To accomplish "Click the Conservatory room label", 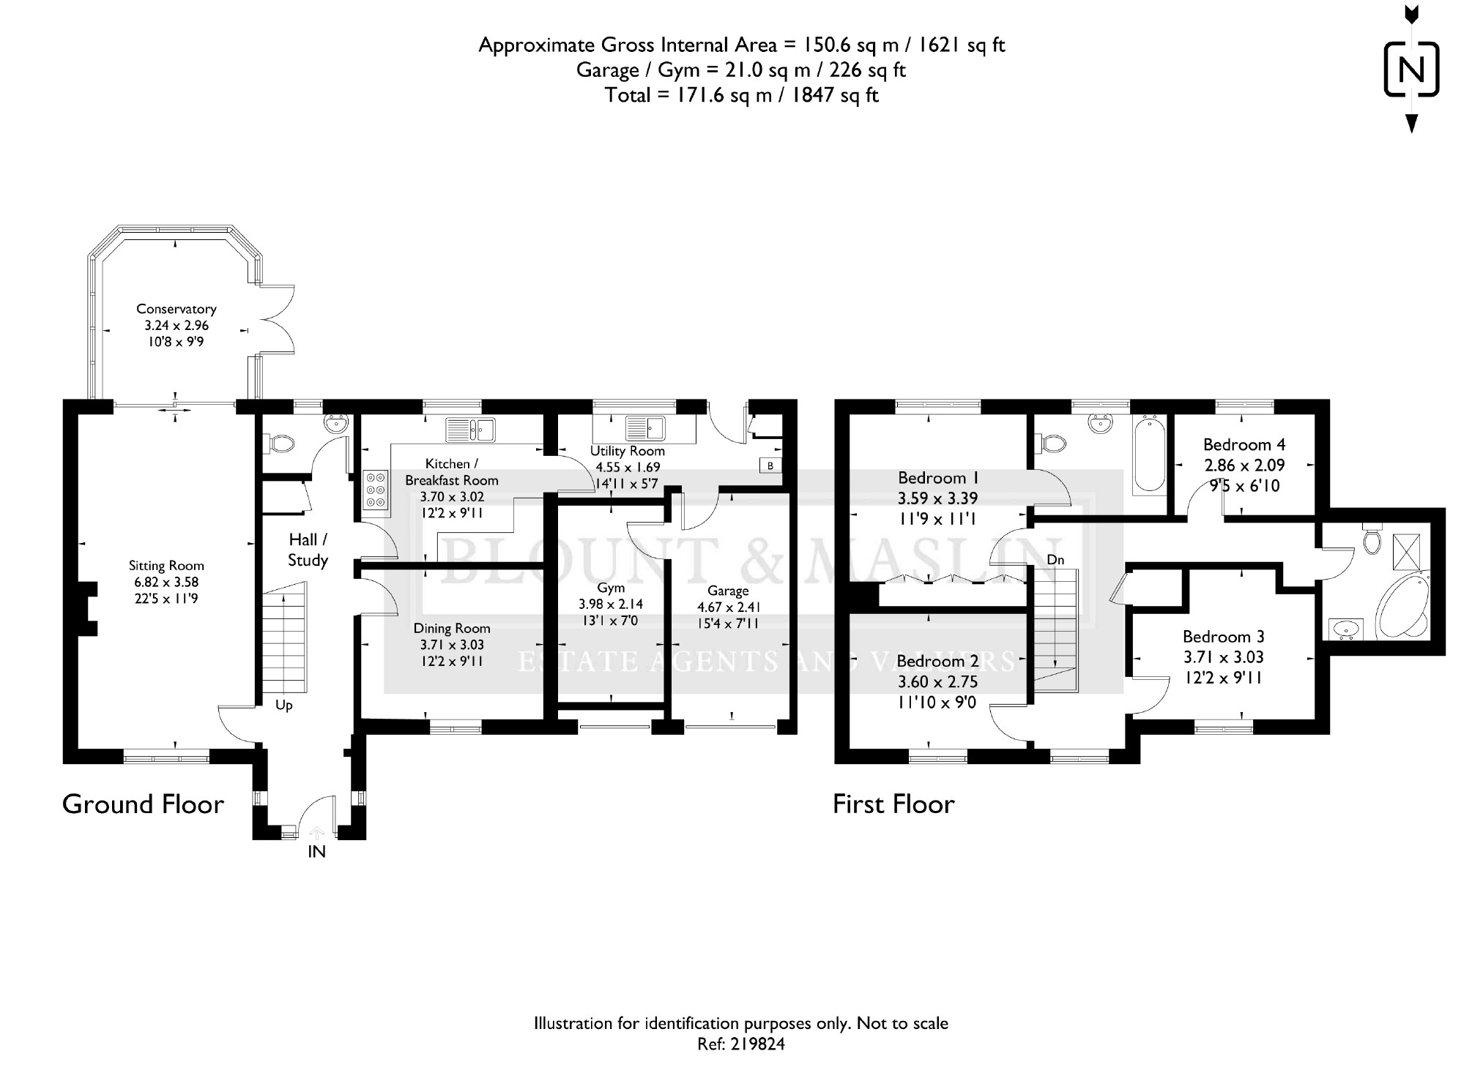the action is tap(176, 310).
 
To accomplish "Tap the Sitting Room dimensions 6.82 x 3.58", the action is tap(166, 583).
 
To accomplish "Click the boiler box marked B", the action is tap(770, 465).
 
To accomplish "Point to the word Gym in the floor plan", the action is tap(611, 588).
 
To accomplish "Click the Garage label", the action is tap(728, 591).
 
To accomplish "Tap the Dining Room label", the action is tap(452, 629).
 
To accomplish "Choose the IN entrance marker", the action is tap(316, 852).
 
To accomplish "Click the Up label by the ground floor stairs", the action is tap(284, 706).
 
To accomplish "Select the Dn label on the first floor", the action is tap(1055, 560).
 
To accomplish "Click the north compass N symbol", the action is tap(1411, 70).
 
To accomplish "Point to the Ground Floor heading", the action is tap(143, 804).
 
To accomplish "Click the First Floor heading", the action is tap(893, 804).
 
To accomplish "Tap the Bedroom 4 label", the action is tap(1244, 445).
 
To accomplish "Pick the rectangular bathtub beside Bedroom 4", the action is tap(1149, 453).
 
